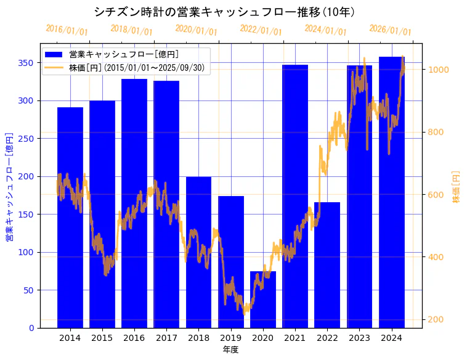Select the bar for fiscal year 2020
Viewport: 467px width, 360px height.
coord(263,308)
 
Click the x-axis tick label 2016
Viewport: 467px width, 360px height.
coord(134,338)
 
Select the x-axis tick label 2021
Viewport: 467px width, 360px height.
coord(295,338)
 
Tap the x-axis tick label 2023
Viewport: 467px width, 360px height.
coord(359,338)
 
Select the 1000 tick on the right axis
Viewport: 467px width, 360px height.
coord(440,70)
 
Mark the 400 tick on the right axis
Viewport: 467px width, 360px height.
coord(437,257)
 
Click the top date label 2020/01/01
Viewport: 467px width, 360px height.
coord(196,30)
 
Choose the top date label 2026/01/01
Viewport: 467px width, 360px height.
coord(390,30)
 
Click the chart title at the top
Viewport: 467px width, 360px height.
coord(224,12)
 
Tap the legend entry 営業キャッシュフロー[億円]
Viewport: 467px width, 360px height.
coord(124,54)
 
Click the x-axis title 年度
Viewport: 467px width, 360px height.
coord(230,350)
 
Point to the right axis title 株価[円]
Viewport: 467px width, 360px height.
coord(457,187)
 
